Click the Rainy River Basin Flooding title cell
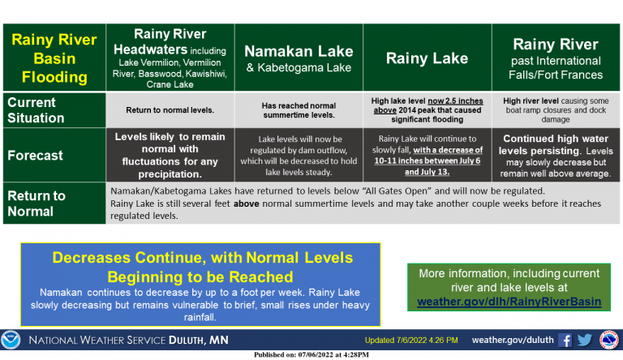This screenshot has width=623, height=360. (x=54, y=58)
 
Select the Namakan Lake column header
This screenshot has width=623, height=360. (x=299, y=58)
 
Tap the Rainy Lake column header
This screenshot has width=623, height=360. (x=428, y=58)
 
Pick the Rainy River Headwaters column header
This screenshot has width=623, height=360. (x=170, y=58)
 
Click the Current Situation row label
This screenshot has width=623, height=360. (x=54, y=110)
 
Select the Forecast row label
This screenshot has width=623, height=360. (x=54, y=155)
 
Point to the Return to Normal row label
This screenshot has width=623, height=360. (x=54, y=203)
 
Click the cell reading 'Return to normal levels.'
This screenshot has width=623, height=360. (x=170, y=110)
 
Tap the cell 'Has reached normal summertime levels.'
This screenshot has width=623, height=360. (x=299, y=110)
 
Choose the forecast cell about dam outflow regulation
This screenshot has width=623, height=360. (x=299, y=155)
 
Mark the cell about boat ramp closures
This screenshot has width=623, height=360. (x=556, y=110)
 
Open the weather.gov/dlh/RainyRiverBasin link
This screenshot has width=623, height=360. (x=509, y=302)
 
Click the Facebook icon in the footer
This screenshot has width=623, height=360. (x=565, y=341)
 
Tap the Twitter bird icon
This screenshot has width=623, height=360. (x=585, y=340)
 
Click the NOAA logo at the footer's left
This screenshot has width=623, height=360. (x=11, y=340)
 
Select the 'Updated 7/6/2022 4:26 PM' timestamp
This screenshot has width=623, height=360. (x=411, y=340)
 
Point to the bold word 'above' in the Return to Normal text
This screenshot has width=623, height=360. (x=247, y=204)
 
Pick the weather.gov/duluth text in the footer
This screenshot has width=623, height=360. (x=513, y=340)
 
